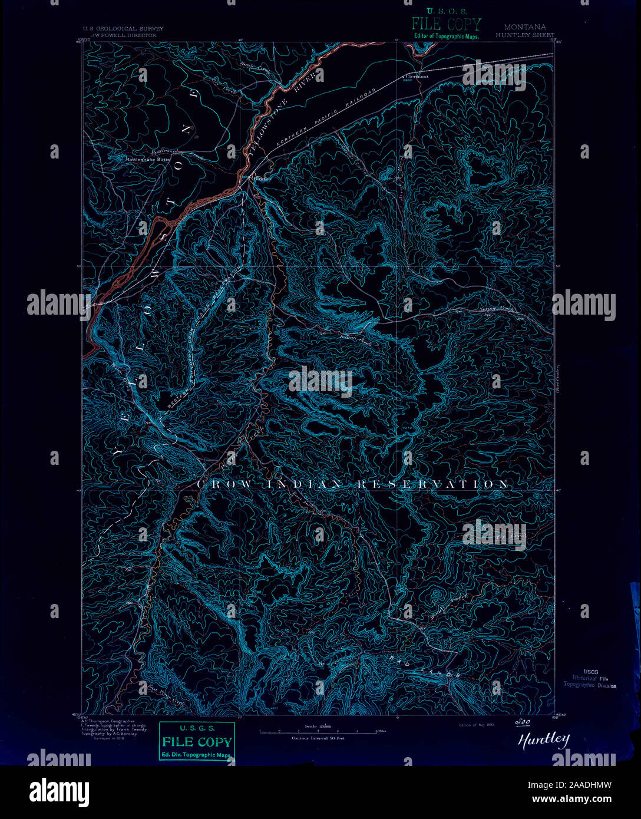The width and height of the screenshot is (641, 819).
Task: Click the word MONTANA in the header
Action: coord(524,27)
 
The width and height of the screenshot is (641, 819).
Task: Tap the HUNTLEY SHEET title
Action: coord(524,35)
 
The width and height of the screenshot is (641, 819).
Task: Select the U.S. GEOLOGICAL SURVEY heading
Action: coord(123,28)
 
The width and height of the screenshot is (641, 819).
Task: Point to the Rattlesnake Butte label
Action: coord(145,159)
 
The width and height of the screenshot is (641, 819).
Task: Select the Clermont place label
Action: coord(417,76)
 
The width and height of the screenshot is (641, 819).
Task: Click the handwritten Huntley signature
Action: coord(544,740)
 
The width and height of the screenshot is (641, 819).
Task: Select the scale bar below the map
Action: coord(318,731)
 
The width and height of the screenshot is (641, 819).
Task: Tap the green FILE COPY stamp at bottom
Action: coord(197,742)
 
